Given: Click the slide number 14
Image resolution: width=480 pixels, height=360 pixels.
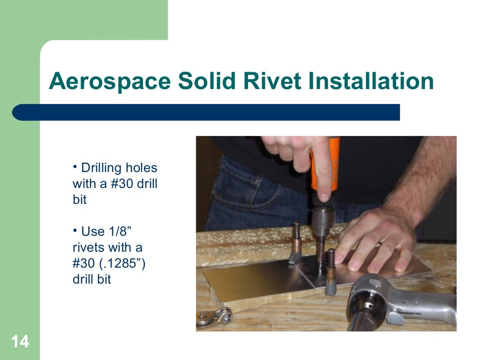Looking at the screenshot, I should click(x=20, y=342).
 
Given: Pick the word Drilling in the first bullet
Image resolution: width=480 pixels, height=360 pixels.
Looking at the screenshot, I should click(x=104, y=168).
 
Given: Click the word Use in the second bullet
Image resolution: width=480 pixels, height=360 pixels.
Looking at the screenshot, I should click(x=93, y=232).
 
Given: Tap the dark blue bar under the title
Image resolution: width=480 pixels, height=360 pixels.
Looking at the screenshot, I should click(x=206, y=112).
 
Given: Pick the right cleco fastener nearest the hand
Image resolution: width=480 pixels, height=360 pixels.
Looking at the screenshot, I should click(x=331, y=272).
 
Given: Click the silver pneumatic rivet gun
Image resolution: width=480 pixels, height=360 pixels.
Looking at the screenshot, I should click(x=398, y=300).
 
